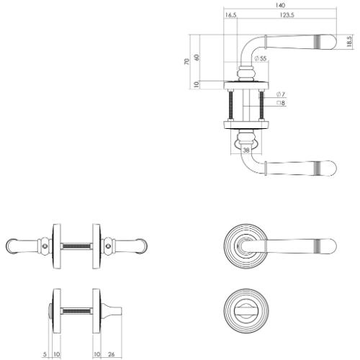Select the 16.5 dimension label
point(231,14)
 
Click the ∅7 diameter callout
point(282,95)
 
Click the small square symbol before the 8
point(279,104)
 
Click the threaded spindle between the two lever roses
point(76,246)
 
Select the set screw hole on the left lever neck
point(47,250)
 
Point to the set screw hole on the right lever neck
point(107,250)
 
